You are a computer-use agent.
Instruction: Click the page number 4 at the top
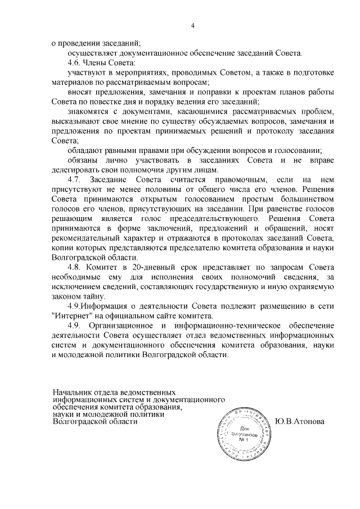tap(192, 25)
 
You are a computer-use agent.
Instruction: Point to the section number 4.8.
tap(75, 267)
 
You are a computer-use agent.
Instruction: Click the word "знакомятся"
tap(87, 111)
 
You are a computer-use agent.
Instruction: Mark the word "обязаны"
tap(83, 160)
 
